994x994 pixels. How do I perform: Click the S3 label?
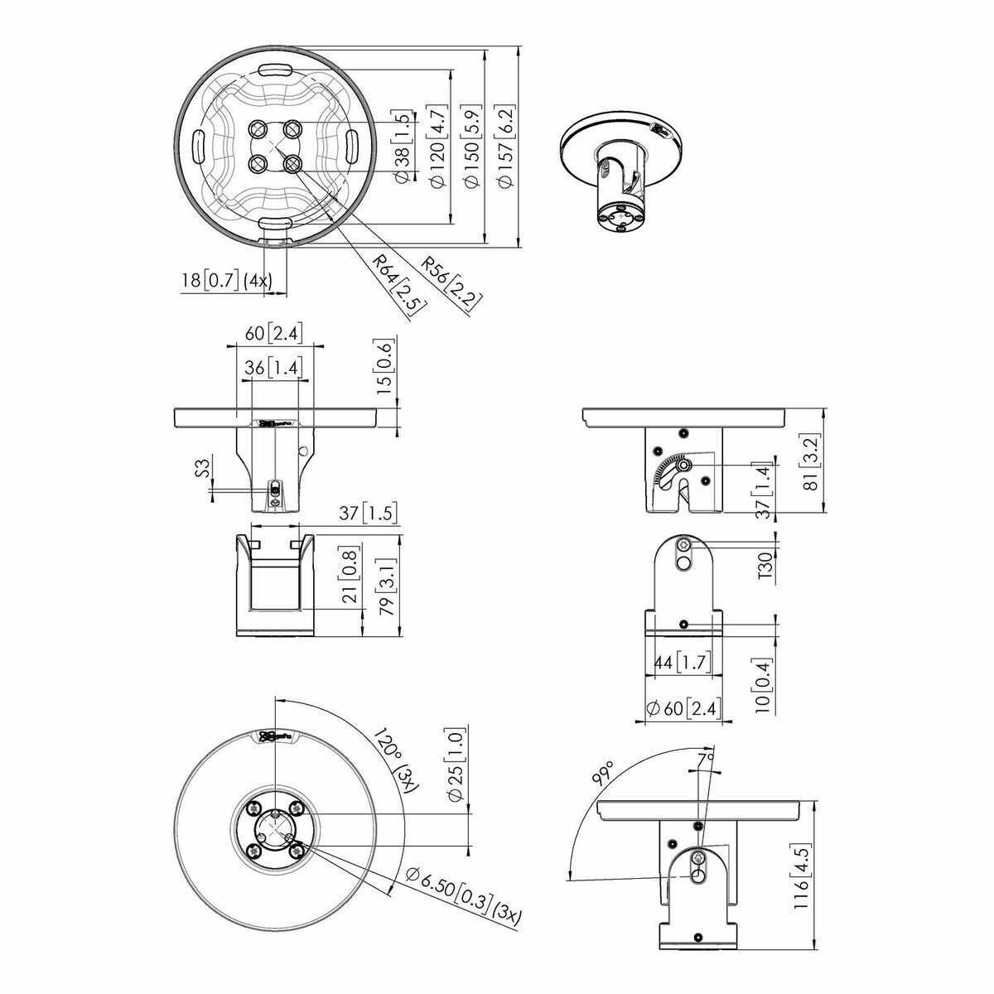200,469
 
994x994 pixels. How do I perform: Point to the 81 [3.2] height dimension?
813,461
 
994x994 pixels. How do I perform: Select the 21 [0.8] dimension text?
352,576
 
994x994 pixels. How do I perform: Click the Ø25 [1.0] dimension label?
459,762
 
